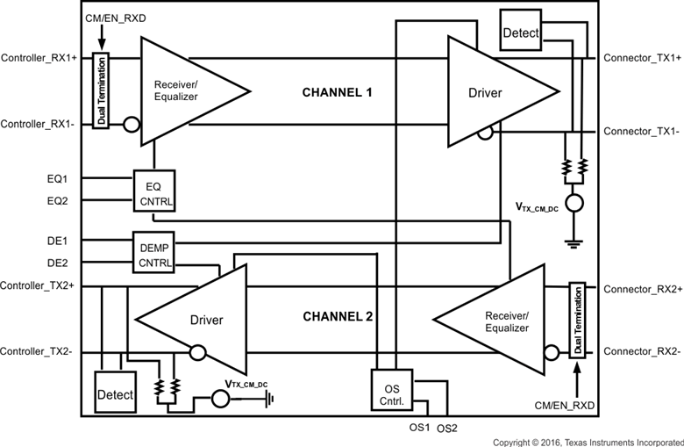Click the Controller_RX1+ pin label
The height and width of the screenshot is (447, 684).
click(x=40, y=58)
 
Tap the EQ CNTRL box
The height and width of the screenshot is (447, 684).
click(x=155, y=191)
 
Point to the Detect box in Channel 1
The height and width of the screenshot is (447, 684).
click(x=521, y=33)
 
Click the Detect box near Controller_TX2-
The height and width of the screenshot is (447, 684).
click(x=114, y=394)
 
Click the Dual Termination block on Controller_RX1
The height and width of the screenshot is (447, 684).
click(x=100, y=91)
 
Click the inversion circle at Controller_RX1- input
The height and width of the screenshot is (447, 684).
click(x=132, y=125)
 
